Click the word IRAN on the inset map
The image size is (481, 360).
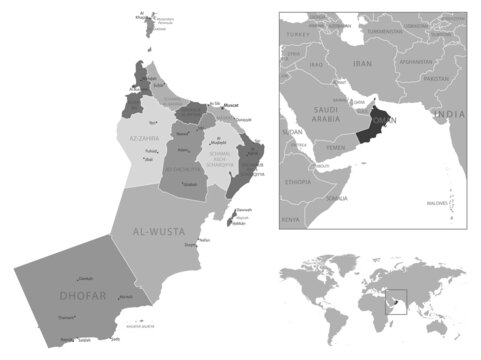pyautogui.click(x=362, y=61)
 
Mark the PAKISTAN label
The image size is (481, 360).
pyautogui.click(x=436, y=78)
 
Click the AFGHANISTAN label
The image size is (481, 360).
pyautogui.click(x=416, y=60)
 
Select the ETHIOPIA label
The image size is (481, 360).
pyautogui.click(x=298, y=184)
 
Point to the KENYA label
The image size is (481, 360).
pyautogui.click(x=290, y=219)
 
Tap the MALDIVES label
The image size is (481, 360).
pyautogui.click(x=438, y=201)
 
